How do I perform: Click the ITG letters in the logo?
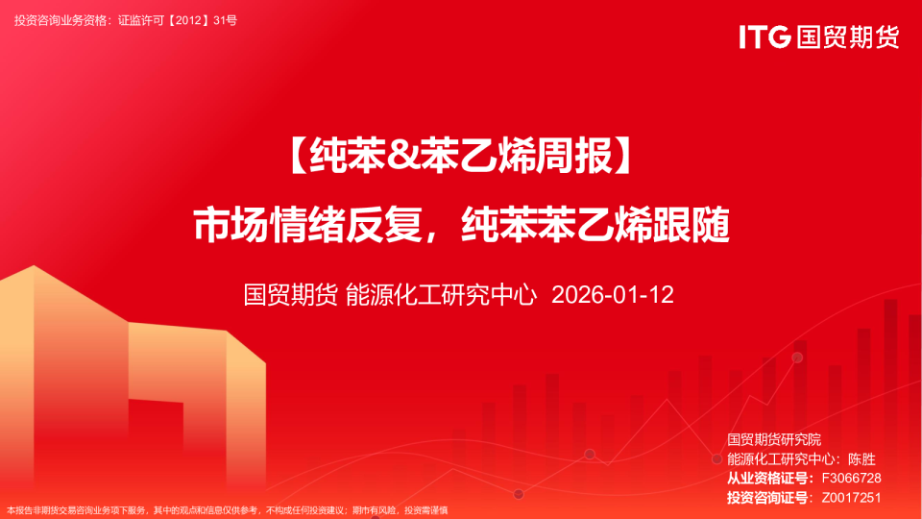pyautogui.click(x=764, y=37)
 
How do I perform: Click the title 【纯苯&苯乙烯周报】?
pyautogui.click(x=460, y=157)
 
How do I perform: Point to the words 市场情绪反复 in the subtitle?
pyautogui.click(x=309, y=226)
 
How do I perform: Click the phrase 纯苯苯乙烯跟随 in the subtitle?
pyautogui.click(x=595, y=226)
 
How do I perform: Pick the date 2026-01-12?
pyautogui.click(x=613, y=294)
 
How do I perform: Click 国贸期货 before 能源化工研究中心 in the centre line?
pyautogui.click(x=289, y=294)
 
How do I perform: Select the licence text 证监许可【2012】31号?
pyautogui.click(x=177, y=20)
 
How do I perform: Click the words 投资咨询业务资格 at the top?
pyautogui.click(x=59, y=20)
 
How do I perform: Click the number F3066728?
pyautogui.click(x=846, y=478)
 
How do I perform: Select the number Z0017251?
pyautogui.click(x=846, y=497)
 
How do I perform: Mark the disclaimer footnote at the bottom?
pyautogui.click(x=227, y=510)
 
